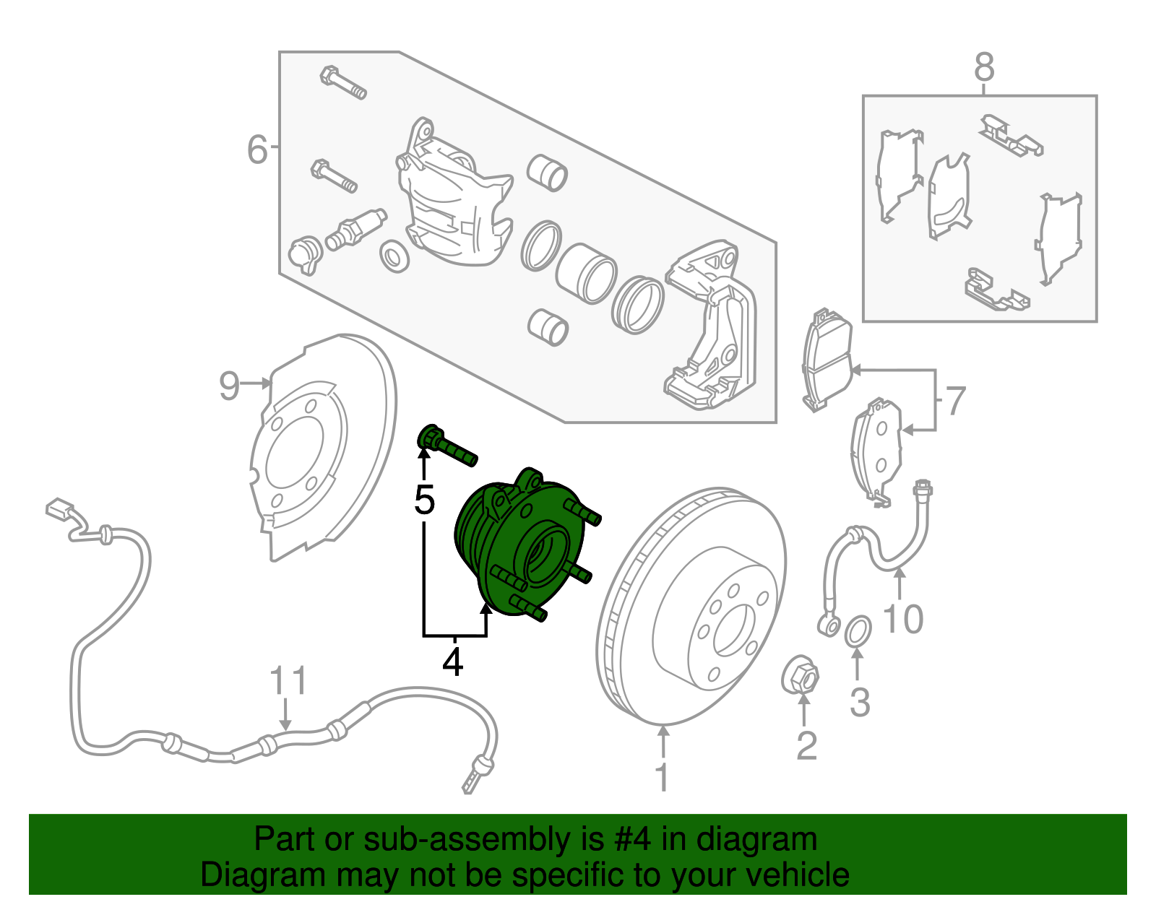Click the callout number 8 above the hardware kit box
[x=984, y=68]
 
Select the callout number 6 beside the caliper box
[x=257, y=149]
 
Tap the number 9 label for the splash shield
[x=229, y=386]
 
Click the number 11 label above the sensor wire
[x=288, y=681]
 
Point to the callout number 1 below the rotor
[x=662, y=777]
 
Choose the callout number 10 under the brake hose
[x=903, y=619]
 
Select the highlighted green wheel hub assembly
[x=520, y=549]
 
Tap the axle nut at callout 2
[x=801, y=677]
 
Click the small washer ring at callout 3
[x=858, y=632]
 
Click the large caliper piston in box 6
[x=586, y=273]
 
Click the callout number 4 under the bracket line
[x=452, y=662]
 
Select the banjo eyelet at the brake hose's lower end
[x=829, y=622]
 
